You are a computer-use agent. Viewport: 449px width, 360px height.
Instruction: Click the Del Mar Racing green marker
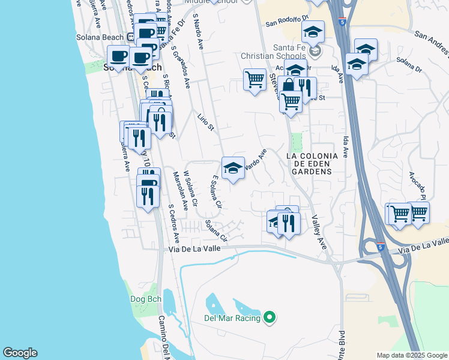tap(270, 318)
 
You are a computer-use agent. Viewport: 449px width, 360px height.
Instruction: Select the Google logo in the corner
tap(20, 353)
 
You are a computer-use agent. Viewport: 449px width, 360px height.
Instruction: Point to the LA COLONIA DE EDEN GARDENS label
tap(309, 164)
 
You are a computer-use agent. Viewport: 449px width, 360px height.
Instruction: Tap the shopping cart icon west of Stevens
tap(255, 79)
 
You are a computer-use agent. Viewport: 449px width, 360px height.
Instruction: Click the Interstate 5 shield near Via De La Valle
tap(381, 246)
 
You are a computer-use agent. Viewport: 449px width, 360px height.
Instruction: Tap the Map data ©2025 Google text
tap(412, 355)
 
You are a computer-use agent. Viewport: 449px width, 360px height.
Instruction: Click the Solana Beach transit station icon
tap(130, 37)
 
